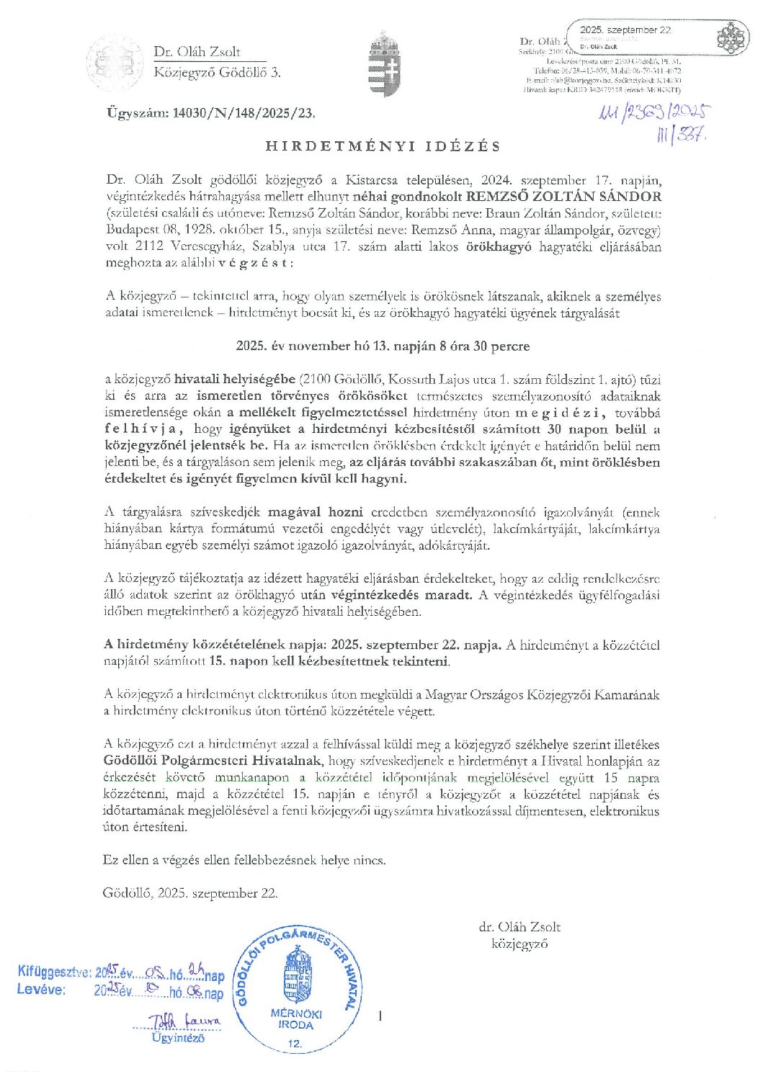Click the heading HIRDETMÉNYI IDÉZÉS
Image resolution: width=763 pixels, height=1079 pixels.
tap(383, 146)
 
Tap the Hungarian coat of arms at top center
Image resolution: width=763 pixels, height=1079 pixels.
tap(384, 63)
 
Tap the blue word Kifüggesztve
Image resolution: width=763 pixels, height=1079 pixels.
tap(55, 972)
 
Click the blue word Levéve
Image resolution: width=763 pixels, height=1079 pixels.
tap(41, 989)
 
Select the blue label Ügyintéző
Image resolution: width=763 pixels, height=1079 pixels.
tap(178, 1038)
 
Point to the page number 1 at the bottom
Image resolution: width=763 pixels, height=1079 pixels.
tap(380, 1016)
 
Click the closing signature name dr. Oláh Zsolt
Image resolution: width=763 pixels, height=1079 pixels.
tap(519, 927)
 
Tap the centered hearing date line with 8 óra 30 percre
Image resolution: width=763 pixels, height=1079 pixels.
tap(383, 346)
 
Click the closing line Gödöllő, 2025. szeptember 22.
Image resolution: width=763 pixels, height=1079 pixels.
tap(190, 893)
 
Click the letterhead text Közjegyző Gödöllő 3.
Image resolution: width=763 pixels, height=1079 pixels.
tap(217, 72)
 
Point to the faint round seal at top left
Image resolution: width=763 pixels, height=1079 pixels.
tap(115, 63)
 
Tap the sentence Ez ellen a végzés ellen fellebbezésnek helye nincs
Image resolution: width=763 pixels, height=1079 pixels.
tap(244, 860)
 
